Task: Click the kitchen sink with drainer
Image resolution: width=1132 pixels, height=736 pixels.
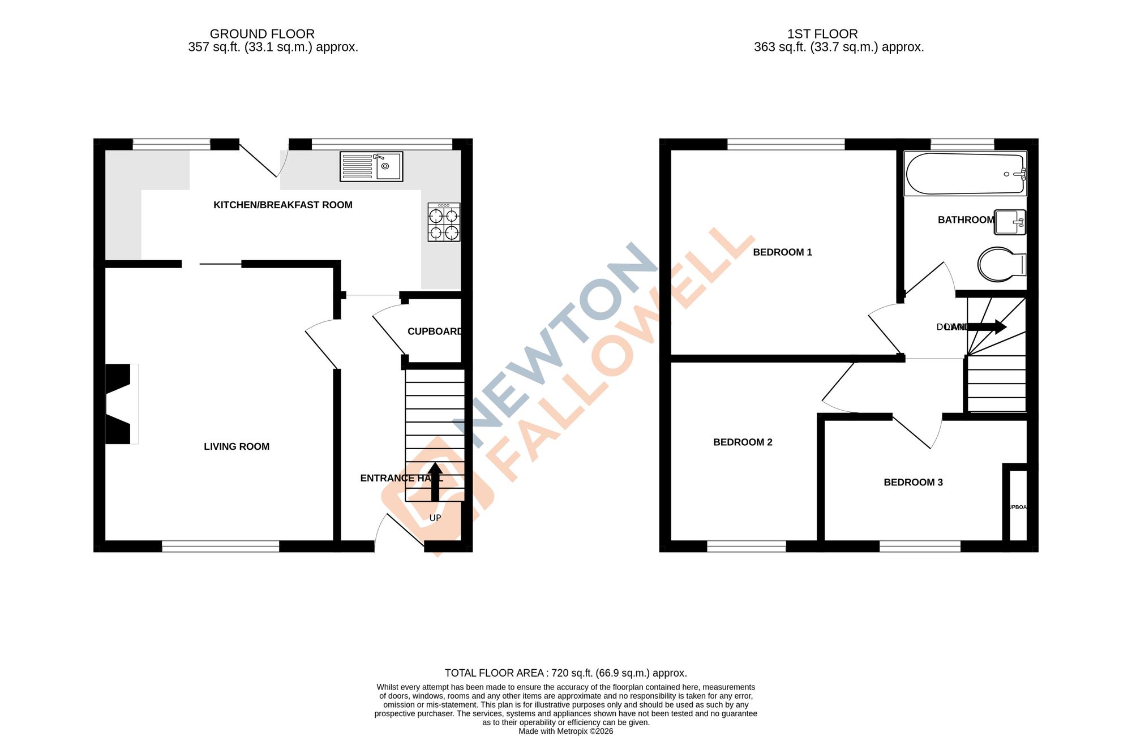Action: pos(371,166)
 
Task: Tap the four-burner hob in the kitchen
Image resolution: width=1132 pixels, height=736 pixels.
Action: pos(444,222)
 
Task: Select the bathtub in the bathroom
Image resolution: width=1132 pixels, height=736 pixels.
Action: pos(965,174)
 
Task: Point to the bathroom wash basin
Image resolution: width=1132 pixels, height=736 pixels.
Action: pos(1010,222)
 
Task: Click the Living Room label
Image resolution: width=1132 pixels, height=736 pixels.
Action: pos(237,446)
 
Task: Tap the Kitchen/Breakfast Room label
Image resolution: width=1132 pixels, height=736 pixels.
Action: pos(282,205)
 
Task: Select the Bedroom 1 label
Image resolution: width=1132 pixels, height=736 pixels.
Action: pos(782,252)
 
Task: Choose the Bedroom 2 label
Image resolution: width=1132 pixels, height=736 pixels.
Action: pos(743,442)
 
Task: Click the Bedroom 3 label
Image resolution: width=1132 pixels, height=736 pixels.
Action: pos(913,483)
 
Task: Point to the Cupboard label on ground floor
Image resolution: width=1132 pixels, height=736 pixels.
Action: pos(435,332)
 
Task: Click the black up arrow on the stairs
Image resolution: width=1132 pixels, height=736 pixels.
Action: pos(435,482)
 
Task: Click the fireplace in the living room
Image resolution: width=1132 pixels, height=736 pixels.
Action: pos(121,404)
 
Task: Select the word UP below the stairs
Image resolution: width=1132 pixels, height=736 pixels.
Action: pos(435,518)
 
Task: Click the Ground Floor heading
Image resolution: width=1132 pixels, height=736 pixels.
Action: pos(262,34)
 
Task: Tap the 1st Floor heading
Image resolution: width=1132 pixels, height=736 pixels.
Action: pos(822,34)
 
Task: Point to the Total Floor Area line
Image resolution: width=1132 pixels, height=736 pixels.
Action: pos(565,673)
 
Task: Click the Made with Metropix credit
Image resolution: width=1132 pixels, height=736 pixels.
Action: pos(565,731)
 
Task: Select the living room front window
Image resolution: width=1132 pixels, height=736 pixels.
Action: pos(221,546)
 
